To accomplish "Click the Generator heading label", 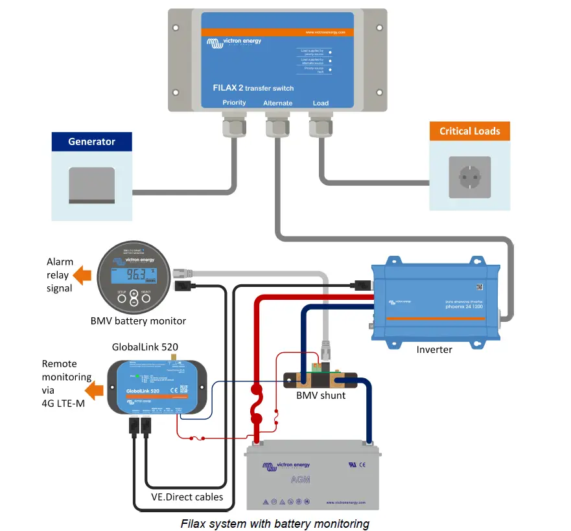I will coord(91,142).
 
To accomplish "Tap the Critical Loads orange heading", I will coord(469,131).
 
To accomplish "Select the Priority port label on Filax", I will coord(234,103).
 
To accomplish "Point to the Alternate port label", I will coord(277,103).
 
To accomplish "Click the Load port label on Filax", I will coord(321,103).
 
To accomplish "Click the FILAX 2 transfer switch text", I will coord(253,87).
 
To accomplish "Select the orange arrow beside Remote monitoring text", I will coord(97,390).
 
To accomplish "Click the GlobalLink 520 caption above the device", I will coord(145,347).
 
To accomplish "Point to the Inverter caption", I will coord(434,350).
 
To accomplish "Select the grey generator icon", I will coord(91,185).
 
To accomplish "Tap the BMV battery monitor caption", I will coord(139,321).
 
